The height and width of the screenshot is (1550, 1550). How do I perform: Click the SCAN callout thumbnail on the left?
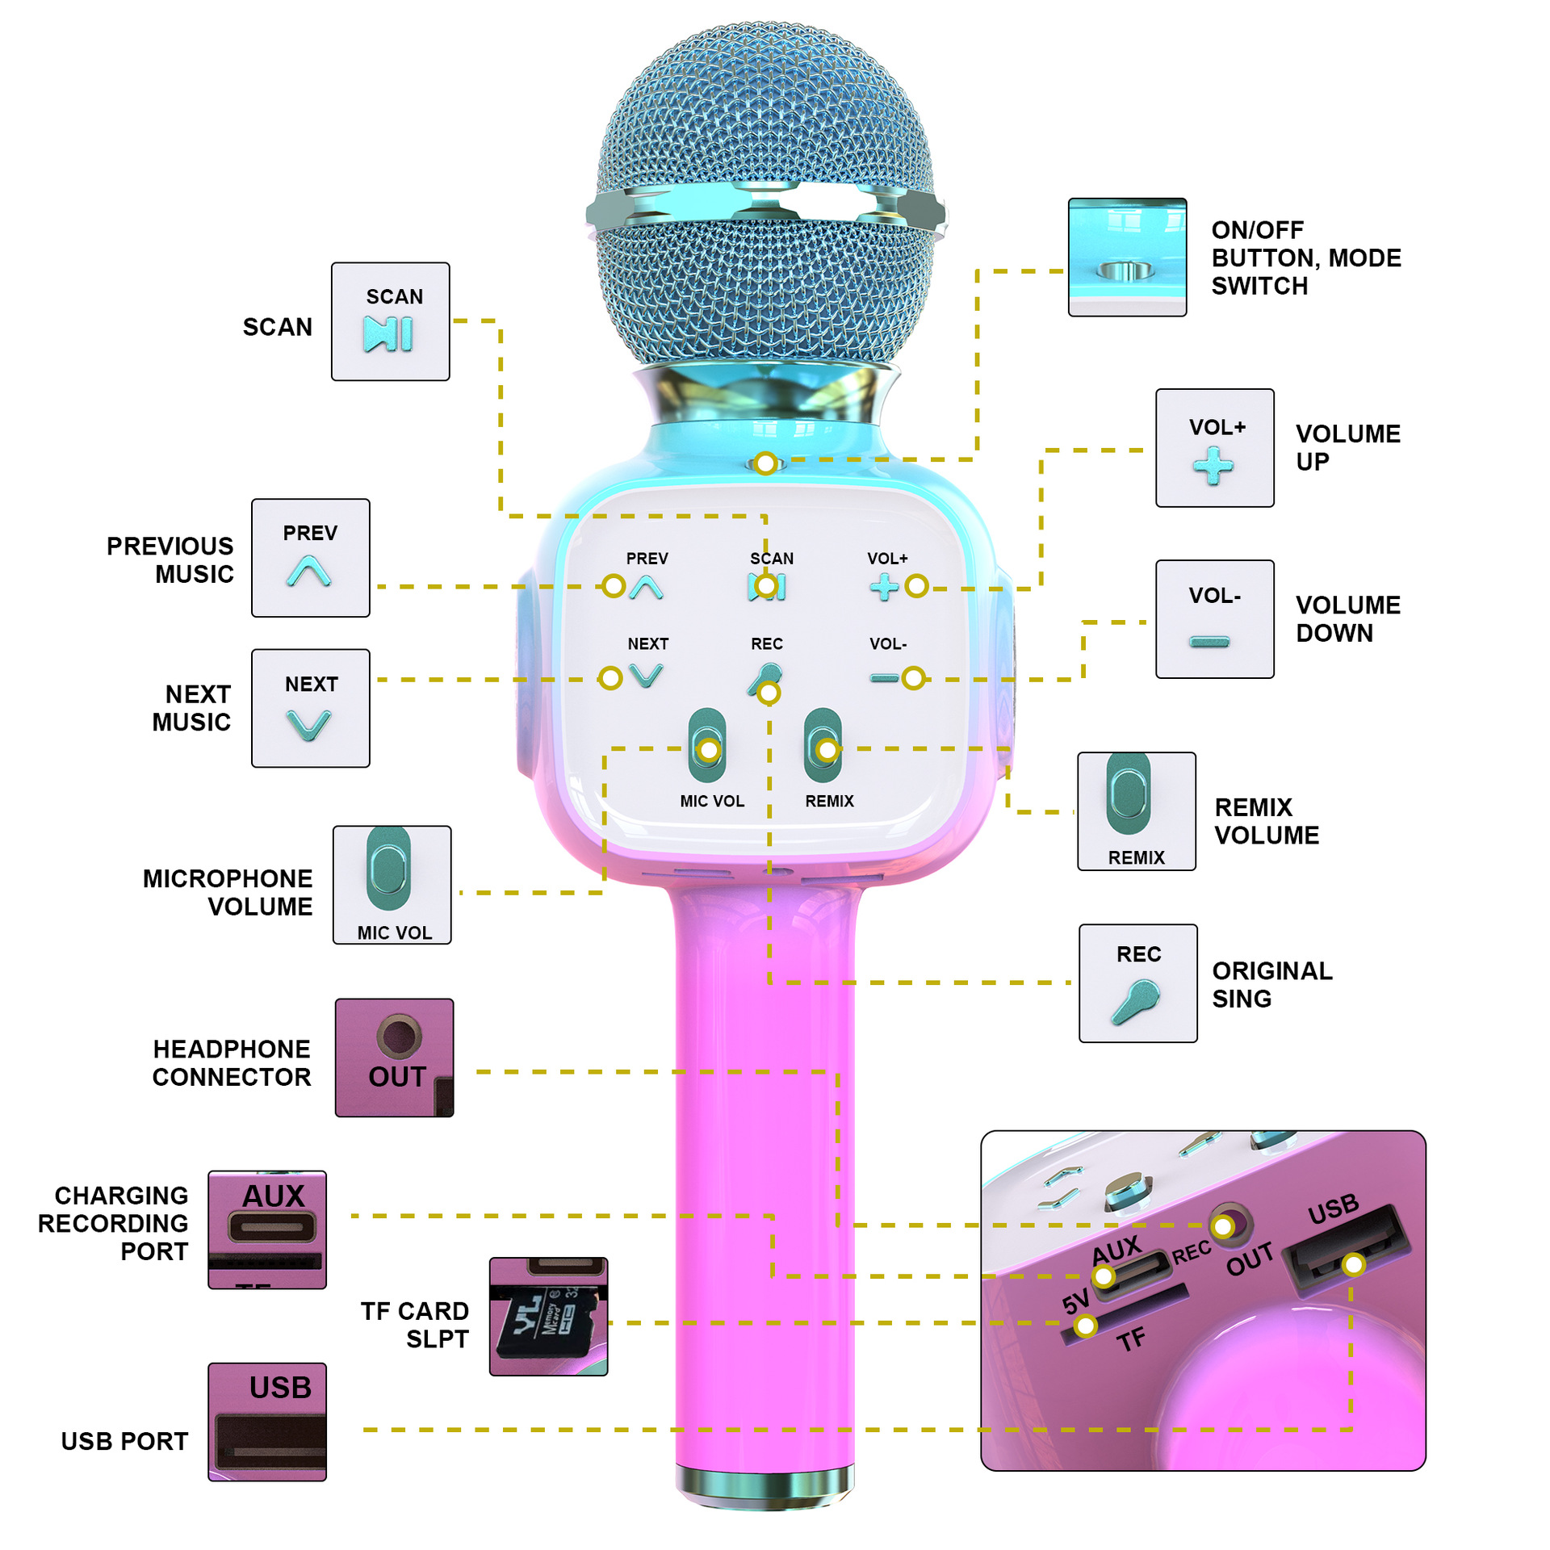(x=390, y=321)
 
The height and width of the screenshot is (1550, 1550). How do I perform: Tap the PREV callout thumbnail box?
(x=310, y=558)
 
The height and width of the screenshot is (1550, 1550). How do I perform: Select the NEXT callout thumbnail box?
(x=310, y=708)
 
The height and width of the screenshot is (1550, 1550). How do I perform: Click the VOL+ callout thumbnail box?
(x=1214, y=448)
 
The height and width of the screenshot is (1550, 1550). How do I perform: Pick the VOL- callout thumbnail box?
(x=1214, y=619)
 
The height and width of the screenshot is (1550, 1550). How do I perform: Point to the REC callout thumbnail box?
(x=1137, y=983)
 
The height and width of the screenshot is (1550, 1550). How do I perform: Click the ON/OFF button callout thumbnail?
(x=1127, y=257)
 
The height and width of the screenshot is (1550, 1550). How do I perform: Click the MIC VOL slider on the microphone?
(x=707, y=746)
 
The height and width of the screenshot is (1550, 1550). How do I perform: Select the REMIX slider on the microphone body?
(x=823, y=746)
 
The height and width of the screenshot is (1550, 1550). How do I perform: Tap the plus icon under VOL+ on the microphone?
(x=884, y=587)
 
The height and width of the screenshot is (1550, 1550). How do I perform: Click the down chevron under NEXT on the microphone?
(x=646, y=675)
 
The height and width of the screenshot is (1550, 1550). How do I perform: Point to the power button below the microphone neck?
(x=765, y=463)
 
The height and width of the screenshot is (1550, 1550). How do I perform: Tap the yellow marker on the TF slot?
(x=1086, y=1326)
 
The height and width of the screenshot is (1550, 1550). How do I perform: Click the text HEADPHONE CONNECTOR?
(x=232, y=1062)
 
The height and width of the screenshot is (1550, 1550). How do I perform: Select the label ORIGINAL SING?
(x=1271, y=984)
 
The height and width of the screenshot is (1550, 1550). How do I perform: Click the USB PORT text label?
(x=124, y=1441)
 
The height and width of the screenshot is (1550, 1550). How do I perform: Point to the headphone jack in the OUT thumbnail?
(x=399, y=1036)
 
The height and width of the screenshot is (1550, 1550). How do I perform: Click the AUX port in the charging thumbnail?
(x=271, y=1228)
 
